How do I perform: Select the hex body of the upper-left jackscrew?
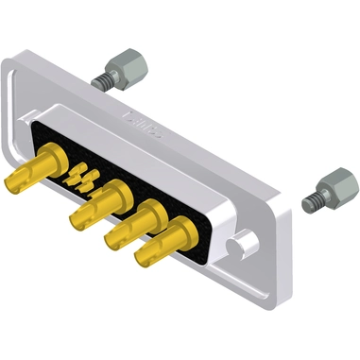(126, 67)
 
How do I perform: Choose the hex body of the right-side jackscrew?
(335, 184)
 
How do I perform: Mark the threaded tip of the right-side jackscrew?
(310, 201)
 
